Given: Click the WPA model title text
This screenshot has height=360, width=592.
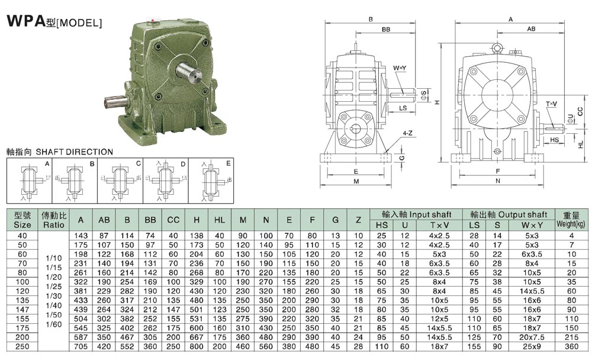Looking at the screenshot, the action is point(54,21).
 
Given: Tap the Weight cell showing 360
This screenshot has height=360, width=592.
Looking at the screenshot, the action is point(572,346).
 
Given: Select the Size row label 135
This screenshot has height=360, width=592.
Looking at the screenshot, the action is point(22,300).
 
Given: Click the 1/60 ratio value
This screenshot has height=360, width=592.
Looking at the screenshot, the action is point(54,324).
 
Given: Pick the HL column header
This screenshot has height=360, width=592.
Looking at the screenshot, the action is point(220,220).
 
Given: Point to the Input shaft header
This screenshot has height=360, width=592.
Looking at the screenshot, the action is point(416,214).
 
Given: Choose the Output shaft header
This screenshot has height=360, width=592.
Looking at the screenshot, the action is point(509,214).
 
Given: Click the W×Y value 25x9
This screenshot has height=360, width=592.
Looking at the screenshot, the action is point(532,346).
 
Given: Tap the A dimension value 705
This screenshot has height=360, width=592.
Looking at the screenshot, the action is point(81,346).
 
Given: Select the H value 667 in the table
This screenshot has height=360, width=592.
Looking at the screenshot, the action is point(197,337).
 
